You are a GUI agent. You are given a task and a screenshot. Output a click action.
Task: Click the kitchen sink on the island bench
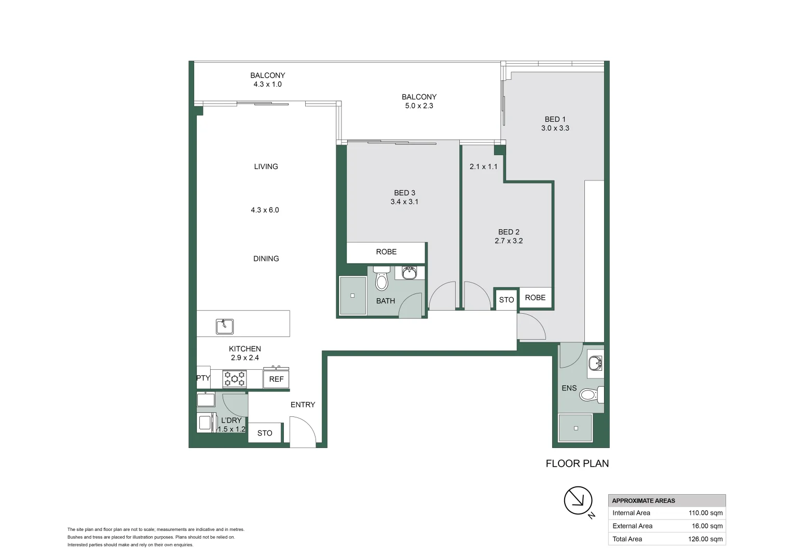click(x=225, y=326)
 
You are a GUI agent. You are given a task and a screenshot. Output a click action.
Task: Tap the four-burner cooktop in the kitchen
click(x=235, y=379)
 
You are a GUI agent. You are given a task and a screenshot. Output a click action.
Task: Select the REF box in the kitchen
click(x=276, y=379)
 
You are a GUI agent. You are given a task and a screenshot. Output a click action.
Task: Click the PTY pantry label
click(x=203, y=378)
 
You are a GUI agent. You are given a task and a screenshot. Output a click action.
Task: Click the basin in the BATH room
click(x=409, y=273)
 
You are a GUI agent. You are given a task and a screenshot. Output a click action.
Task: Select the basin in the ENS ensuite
click(x=595, y=363)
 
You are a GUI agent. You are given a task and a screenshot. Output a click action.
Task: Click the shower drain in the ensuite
click(x=576, y=428)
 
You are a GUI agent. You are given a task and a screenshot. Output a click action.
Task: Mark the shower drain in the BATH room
click(x=352, y=296)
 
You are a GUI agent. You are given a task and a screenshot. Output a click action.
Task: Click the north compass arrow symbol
click(x=578, y=500)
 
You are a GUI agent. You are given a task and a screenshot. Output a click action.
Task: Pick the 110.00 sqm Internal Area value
click(x=705, y=513)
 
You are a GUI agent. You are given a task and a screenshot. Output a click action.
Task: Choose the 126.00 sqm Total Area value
click(x=705, y=539)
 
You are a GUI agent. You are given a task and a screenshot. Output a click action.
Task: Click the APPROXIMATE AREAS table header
click(x=644, y=500)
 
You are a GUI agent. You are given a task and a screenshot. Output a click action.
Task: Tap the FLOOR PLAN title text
click(x=577, y=464)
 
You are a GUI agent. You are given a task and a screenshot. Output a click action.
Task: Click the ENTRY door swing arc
click(x=304, y=430)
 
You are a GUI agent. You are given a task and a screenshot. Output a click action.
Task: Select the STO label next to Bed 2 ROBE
click(x=506, y=300)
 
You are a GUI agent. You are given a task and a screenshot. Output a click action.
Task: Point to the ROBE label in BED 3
click(x=386, y=252)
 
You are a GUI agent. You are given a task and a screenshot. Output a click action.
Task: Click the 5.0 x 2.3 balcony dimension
click(x=419, y=106)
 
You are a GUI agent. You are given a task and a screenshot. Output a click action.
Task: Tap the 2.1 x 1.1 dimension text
click(x=483, y=166)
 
